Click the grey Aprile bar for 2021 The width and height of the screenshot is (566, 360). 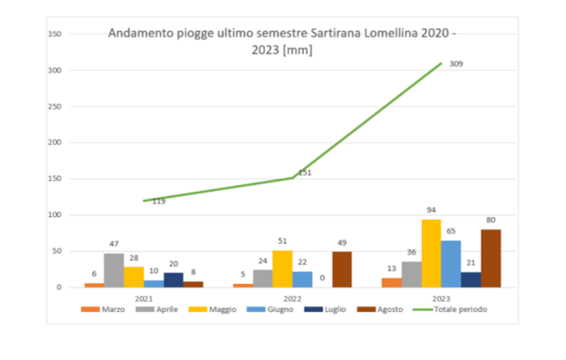coord(114,270)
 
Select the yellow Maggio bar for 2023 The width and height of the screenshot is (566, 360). coord(432,254)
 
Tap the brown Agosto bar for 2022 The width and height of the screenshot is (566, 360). coord(342,270)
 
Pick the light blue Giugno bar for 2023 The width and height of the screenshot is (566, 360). coord(451,264)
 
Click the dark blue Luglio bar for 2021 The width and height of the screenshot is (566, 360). coord(174,280)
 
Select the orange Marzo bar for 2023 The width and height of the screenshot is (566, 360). coord(391,283)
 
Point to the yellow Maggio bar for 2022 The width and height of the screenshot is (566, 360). coord(283,269)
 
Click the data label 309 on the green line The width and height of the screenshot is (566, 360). coord(456,64)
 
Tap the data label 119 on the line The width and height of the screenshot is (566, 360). coord(159,202)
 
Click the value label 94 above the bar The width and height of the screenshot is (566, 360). coord(431,210)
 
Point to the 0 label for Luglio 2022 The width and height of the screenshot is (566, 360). coord(322,278)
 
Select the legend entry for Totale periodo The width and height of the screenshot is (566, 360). coord(450,310)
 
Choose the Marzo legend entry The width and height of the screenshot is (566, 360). coord(103,310)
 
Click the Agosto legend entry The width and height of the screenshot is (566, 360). coord(379,310)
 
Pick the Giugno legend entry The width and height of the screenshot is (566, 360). coord(270,310)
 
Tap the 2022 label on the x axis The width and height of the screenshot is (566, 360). coord(292,298)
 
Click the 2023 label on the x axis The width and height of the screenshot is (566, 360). coord(441,298)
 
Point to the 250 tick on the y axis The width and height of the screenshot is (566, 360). coord(54,106)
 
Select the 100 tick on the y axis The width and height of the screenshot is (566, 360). coord(54,214)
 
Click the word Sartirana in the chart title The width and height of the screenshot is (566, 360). coord(335,33)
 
